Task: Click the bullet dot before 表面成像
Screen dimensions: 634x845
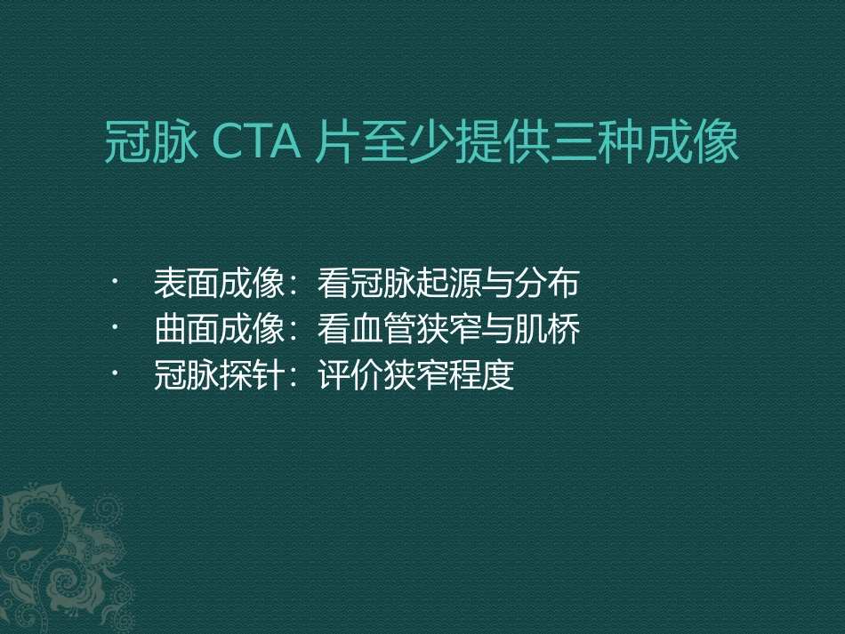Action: point(115,284)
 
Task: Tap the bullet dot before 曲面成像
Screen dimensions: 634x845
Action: point(115,331)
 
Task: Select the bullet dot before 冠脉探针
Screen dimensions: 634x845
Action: point(115,377)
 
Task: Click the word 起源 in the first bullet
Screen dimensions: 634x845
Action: point(448,284)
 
